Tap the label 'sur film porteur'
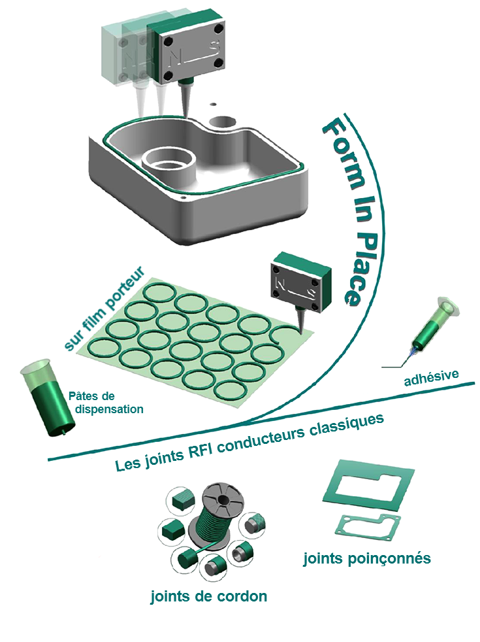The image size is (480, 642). point(104,308)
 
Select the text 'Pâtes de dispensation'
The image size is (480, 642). point(106,403)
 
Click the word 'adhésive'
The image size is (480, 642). point(431,377)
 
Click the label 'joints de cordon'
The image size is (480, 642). point(209,596)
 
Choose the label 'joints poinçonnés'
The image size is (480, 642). point(367,558)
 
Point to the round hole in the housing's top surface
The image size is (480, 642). point(223,122)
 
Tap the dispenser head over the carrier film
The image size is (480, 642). point(300,282)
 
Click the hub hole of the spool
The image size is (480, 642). point(224,499)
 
